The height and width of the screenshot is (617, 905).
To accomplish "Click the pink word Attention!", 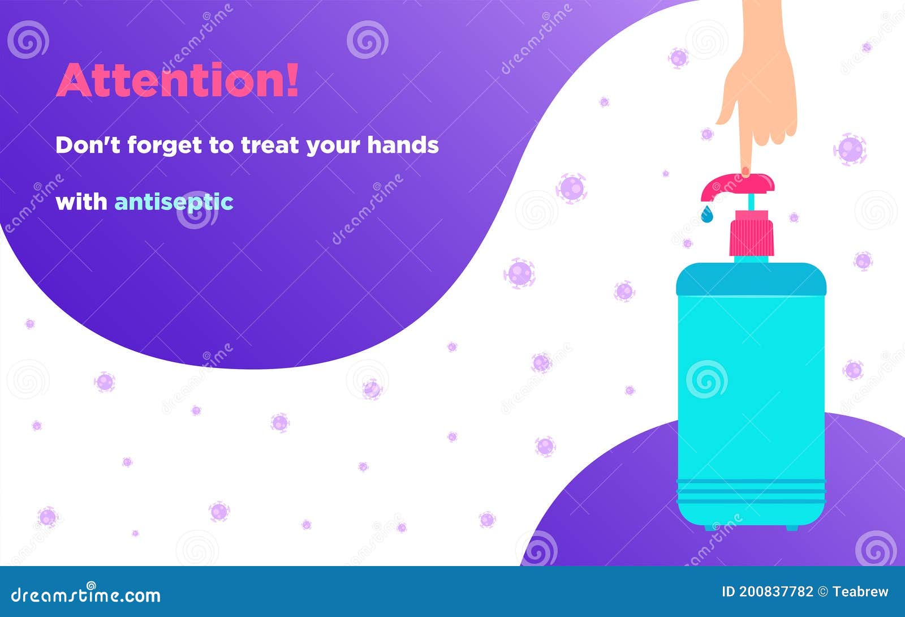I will pyautogui.click(x=176, y=81).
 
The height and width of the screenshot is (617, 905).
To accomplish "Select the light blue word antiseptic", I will pyautogui.click(x=174, y=202).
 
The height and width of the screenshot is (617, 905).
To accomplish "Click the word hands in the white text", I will pyautogui.click(x=403, y=145).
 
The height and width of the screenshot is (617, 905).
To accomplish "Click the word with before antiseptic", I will pyautogui.click(x=81, y=202).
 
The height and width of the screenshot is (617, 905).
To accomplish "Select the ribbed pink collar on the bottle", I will pyautogui.click(x=751, y=233).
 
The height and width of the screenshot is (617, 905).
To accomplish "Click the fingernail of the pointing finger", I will pyautogui.click(x=745, y=171).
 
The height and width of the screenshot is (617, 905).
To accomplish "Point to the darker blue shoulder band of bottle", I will pyautogui.click(x=751, y=280).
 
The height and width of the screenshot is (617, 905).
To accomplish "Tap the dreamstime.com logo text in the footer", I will pyautogui.click(x=86, y=595).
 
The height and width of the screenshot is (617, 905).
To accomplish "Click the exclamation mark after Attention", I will pyautogui.click(x=291, y=80).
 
